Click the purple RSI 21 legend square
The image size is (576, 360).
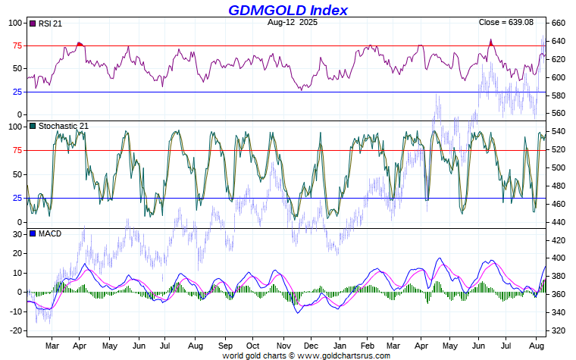coord(32,23)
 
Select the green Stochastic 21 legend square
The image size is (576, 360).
coord(32,125)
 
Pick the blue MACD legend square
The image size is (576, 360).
coord(32,233)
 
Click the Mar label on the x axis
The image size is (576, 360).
coord(52,345)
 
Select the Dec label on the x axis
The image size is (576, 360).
coord(310,345)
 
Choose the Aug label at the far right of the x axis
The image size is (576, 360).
coord(535,345)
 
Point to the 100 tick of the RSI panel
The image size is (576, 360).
coord(17,23)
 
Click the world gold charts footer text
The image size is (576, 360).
coord(306,355)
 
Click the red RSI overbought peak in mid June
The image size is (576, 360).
coord(491,42)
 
